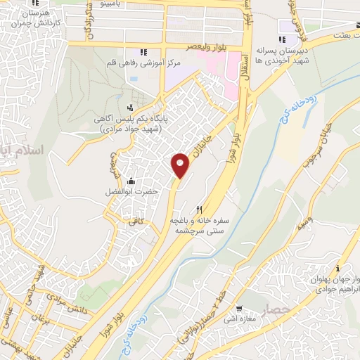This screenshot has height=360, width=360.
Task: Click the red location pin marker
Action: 181,165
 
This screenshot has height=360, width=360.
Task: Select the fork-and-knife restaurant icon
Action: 200,210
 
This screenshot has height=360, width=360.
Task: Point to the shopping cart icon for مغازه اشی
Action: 239,308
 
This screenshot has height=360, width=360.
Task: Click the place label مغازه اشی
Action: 239,320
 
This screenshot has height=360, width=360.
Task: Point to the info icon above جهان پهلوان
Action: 338,268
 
